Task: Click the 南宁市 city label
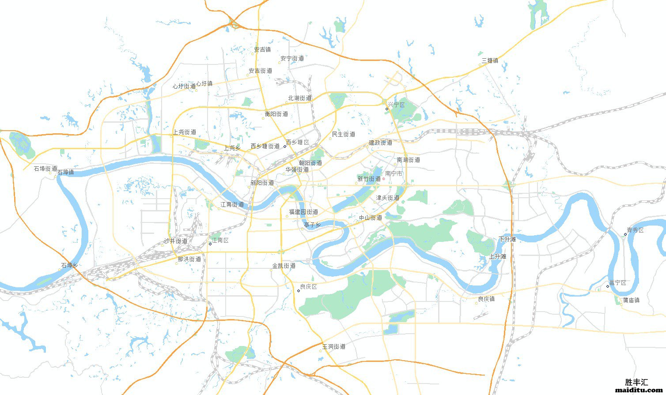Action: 394,174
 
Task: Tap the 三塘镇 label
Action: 490,60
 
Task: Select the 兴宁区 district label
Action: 396,105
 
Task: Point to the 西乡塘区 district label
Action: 298,142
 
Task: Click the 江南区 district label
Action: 220,241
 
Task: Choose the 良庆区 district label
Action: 308,287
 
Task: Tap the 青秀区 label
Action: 635,230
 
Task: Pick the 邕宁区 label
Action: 617,283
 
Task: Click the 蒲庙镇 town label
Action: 631,300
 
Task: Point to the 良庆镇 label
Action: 486,299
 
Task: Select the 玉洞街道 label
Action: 333,347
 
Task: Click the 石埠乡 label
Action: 69,266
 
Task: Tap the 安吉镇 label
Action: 262,50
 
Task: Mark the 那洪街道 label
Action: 189,259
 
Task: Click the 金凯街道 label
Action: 284,266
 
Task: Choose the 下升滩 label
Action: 507,239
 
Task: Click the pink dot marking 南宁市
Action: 383,179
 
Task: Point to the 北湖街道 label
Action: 300,98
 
